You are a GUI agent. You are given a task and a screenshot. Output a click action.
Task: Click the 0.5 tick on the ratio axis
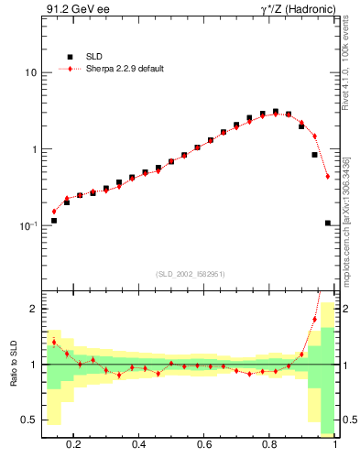(29, 420)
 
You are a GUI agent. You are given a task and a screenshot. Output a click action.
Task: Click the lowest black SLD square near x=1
(327, 223)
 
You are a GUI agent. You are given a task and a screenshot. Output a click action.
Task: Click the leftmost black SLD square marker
(54, 221)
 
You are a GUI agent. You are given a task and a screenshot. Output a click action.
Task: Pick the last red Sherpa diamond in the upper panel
(327, 176)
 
